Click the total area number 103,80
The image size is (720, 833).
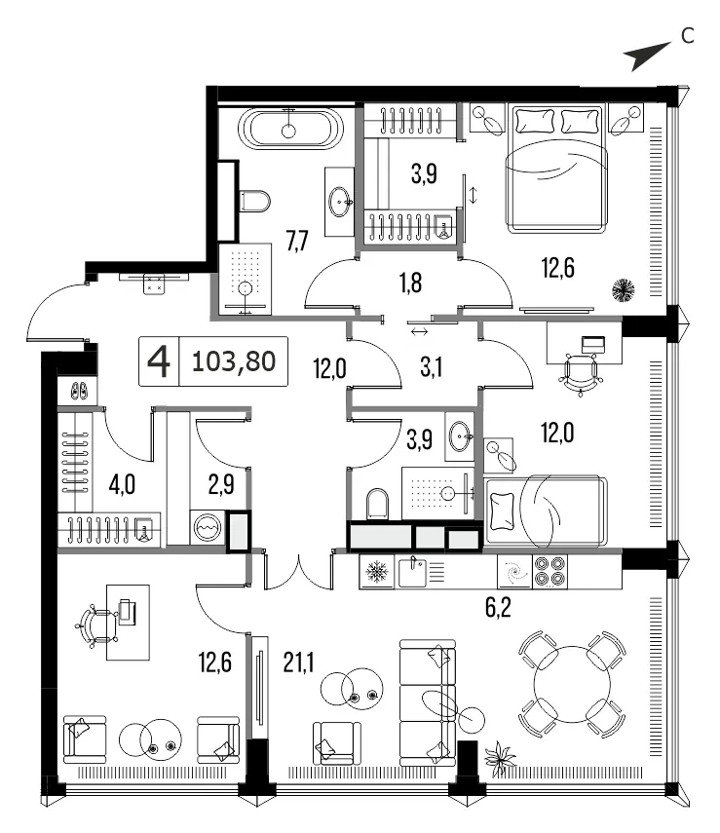(234, 361)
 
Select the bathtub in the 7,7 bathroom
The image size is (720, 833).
(288, 128)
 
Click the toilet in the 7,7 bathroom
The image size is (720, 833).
(254, 201)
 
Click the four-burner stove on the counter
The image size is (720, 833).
(549, 572)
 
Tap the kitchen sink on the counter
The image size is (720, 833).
(412, 572)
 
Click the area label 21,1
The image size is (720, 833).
(299, 663)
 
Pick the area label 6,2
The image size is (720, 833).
(498, 607)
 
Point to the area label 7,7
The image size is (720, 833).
(297, 242)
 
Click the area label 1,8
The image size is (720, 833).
(411, 283)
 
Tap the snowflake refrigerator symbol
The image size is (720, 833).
(377, 572)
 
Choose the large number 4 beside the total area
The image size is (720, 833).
(159, 361)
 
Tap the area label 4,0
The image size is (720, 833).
(122, 485)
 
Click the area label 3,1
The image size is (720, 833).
(431, 367)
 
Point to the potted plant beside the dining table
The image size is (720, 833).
(500, 759)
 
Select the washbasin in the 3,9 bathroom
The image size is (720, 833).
(460, 436)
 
